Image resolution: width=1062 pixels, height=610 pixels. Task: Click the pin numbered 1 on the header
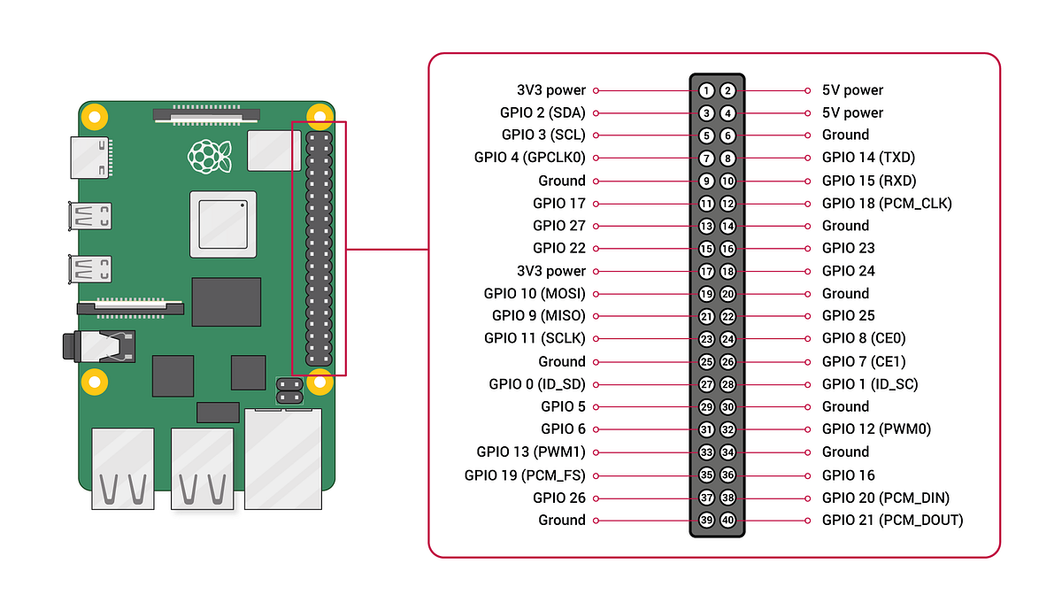click(x=706, y=90)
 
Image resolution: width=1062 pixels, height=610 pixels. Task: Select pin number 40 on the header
click(x=727, y=521)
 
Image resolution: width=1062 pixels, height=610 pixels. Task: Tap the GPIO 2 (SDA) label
click(x=543, y=112)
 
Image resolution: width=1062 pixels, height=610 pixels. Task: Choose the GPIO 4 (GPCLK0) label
click(x=530, y=158)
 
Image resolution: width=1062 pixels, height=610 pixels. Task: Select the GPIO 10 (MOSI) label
click(x=535, y=293)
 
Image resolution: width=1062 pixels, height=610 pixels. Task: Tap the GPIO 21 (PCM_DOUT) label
click(x=892, y=520)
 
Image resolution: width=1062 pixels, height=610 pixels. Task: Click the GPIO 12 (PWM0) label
click(x=876, y=429)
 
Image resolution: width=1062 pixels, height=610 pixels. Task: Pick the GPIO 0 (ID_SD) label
click(x=537, y=384)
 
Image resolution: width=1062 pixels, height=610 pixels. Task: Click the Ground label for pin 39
click(x=562, y=520)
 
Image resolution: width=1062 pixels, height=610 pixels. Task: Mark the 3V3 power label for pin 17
click(x=551, y=271)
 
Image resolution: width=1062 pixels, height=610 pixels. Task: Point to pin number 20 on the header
click(x=727, y=294)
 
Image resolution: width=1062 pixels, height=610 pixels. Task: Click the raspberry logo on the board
click(x=210, y=156)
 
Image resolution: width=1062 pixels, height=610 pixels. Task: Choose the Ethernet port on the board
click(x=288, y=459)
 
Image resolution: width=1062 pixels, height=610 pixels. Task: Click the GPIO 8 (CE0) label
click(x=864, y=338)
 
